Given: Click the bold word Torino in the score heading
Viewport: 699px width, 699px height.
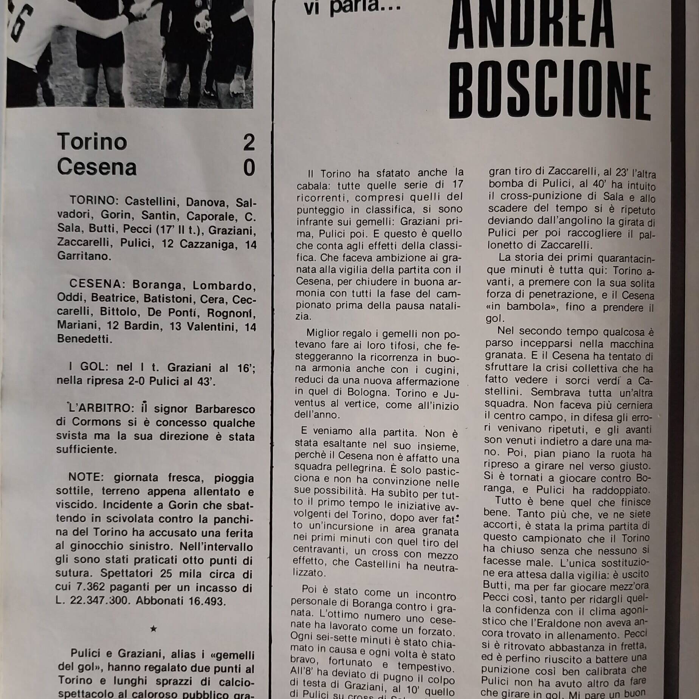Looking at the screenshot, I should click(x=92, y=142).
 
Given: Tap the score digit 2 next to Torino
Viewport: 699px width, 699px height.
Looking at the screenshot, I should click(x=249, y=143).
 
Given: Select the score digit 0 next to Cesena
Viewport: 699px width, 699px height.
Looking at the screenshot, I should click(x=249, y=168).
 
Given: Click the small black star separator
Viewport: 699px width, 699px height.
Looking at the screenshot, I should click(x=153, y=629).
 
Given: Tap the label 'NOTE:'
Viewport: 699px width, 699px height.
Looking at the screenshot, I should click(x=85, y=477).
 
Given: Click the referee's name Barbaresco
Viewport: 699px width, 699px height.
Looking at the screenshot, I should click(x=225, y=409).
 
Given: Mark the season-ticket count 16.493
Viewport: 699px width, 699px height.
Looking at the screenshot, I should click(x=206, y=601).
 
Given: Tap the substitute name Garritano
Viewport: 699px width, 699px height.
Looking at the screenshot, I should click(x=84, y=256).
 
